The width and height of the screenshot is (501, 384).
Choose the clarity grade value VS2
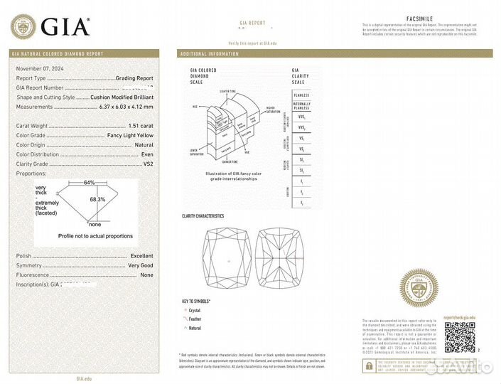point(148,164)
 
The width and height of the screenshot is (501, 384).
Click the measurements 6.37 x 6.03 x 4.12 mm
point(125,107)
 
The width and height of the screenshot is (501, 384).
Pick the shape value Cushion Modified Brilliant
point(122,97)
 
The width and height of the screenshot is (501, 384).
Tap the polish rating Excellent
point(141,255)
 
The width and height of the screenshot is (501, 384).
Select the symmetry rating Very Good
point(140,265)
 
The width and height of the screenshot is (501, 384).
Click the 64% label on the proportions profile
point(89,182)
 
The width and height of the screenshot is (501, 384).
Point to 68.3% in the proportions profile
point(97,200)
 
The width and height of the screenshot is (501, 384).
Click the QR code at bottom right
point(460,336)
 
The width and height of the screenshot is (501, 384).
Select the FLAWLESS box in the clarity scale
point(302,95)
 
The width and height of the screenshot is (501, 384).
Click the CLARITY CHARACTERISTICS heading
point(203,215)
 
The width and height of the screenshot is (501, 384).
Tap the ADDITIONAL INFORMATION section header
point(210,54)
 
